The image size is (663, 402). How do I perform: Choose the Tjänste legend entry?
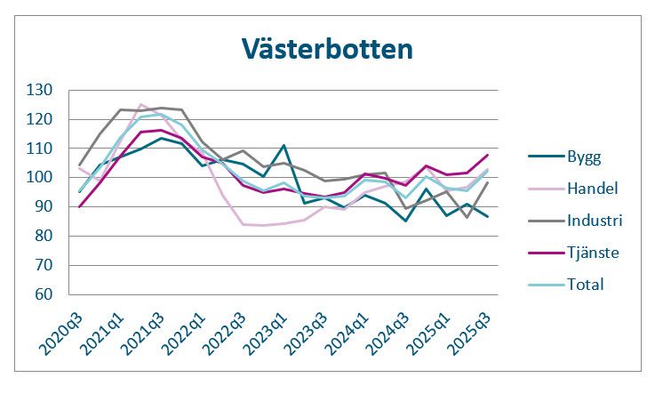click(592, 253)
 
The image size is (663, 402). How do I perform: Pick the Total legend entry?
click(585, 285)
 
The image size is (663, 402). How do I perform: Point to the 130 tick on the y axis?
click(66, 90)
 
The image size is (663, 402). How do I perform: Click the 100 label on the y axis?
click(66, 178)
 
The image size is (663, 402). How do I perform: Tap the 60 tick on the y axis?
click(69, 294)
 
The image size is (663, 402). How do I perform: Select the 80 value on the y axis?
click(69, 236)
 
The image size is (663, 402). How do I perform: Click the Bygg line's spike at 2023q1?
click(284, 145)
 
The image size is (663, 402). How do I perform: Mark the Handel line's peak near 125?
click(140, 104)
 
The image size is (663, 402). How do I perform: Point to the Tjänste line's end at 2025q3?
click(488, 155)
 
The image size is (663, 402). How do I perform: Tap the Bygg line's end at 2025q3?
click(488, 216)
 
